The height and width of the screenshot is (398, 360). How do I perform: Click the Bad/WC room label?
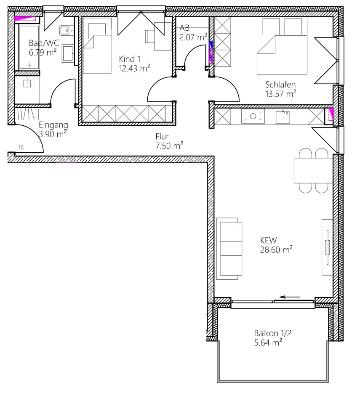pos(44,43)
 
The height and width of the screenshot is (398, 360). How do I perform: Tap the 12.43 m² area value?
pos(134,68)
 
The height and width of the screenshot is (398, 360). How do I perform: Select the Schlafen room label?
pos(280,84)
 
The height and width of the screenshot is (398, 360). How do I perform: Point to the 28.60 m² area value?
pos(276,249)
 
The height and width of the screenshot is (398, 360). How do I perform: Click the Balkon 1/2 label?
pos(272,333)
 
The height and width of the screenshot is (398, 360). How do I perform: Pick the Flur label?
pos(162,137)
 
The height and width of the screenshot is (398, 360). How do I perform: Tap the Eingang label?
pos(53,125)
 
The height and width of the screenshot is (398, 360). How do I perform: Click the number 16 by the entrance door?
pos(21,147)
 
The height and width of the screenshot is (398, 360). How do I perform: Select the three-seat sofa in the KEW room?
pos(229,249)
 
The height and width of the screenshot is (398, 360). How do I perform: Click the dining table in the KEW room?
pos(313,170)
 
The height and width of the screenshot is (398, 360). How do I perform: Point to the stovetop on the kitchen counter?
pos(253,116)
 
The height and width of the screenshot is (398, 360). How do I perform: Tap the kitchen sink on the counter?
pos(283,117)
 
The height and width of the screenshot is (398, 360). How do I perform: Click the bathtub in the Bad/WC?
pos(29,47)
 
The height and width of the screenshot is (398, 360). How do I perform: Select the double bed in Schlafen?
pos(282,46)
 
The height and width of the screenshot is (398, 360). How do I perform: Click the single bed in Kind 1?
pos(97,46)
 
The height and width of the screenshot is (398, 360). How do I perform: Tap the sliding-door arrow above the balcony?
pos(290,297)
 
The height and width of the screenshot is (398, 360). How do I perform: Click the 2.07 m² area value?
pos(193,37)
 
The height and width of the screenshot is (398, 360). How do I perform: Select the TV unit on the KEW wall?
pos(327,247)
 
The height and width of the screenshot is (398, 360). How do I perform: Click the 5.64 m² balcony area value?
pos(268,342)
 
